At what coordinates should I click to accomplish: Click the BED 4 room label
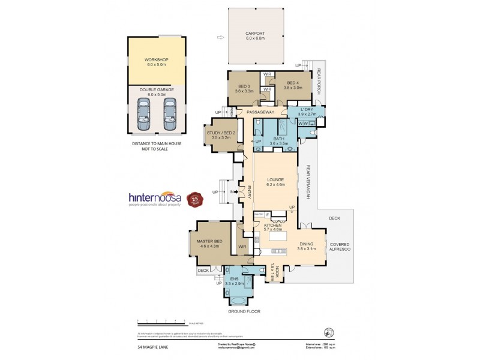(x=293, y=83)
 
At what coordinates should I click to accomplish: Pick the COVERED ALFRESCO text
(x=340, y=248)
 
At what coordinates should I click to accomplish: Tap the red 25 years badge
(x=194, y=199)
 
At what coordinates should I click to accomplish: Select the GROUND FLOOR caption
(x=244, y=312)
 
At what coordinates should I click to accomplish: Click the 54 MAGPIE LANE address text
(x=149, y=346)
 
